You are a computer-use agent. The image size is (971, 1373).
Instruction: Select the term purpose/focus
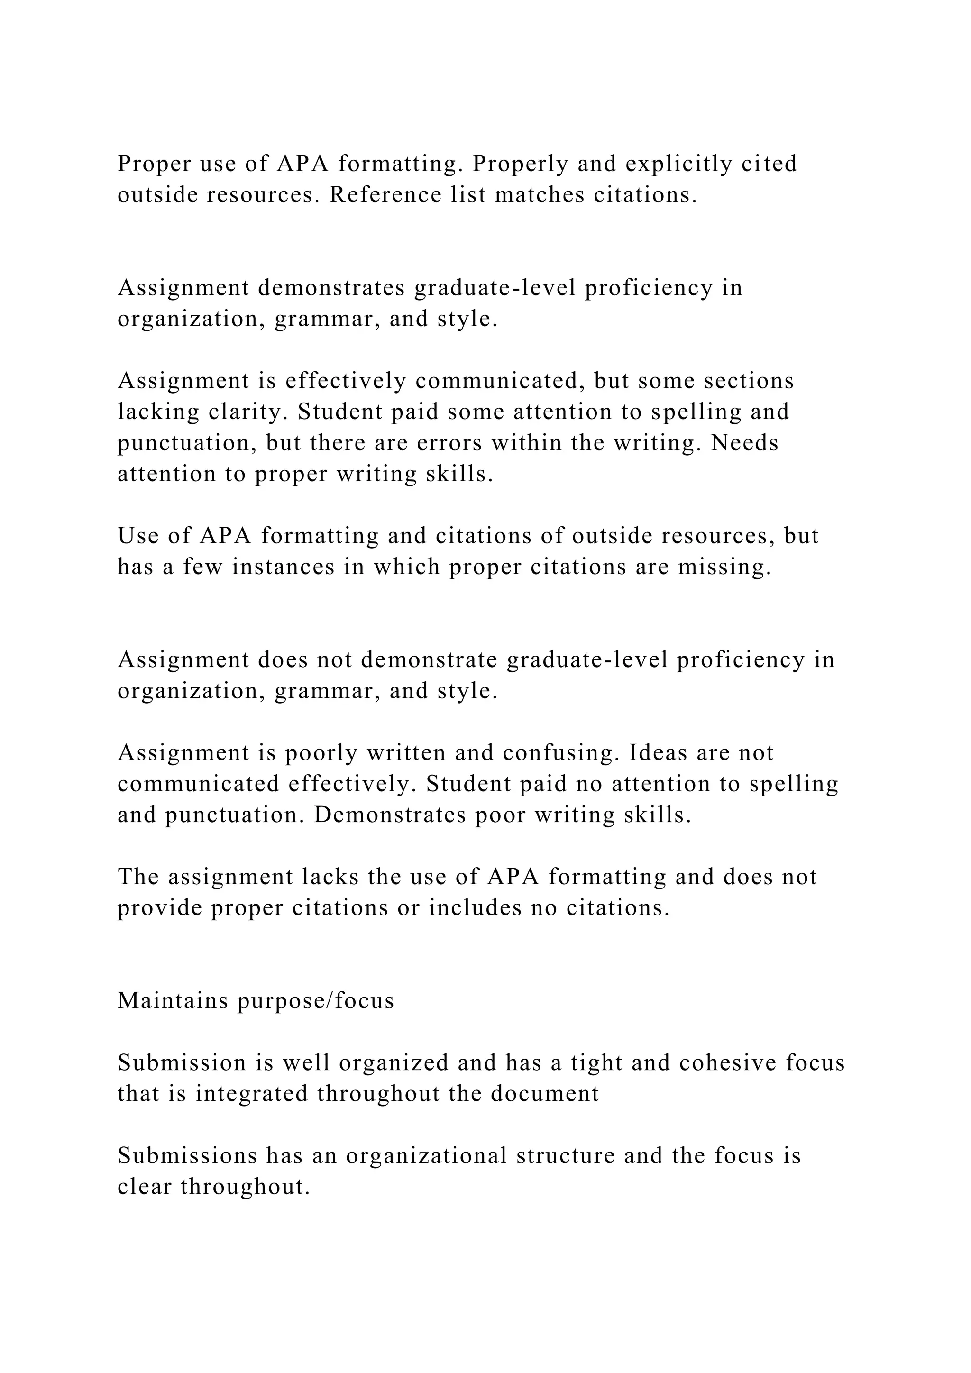316,1001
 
